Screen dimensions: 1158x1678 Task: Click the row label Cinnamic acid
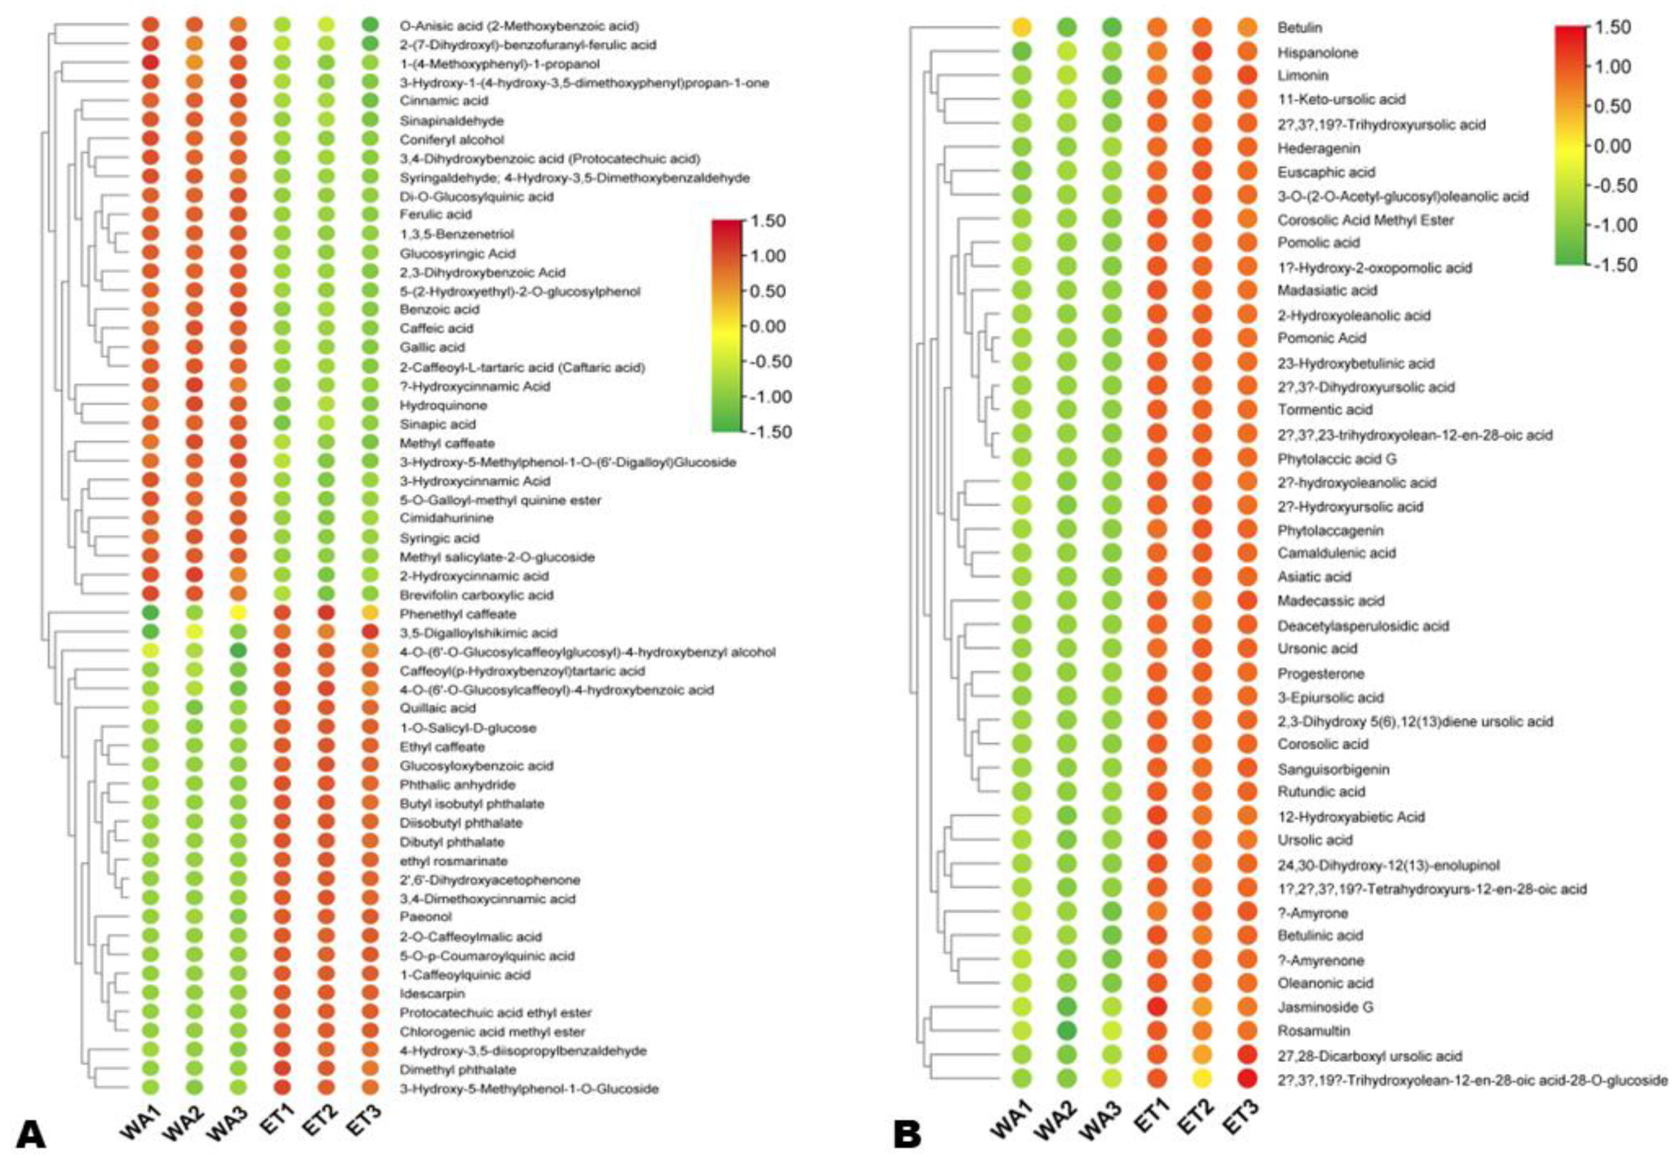click(444, 101)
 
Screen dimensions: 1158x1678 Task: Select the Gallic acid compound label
click(433, 347)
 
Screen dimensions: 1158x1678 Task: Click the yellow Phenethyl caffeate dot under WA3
click(238, 613)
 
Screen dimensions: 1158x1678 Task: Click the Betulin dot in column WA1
click(1021, 27)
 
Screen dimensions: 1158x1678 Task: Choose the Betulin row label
click(1299, 27)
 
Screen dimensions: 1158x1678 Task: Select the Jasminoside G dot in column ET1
click(1157, 1006)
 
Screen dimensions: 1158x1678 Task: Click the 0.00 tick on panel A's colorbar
click(767, 326)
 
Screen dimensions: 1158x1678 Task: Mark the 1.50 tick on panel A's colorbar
click(767, 221)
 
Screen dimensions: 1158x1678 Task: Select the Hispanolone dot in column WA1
click(1021, 52)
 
